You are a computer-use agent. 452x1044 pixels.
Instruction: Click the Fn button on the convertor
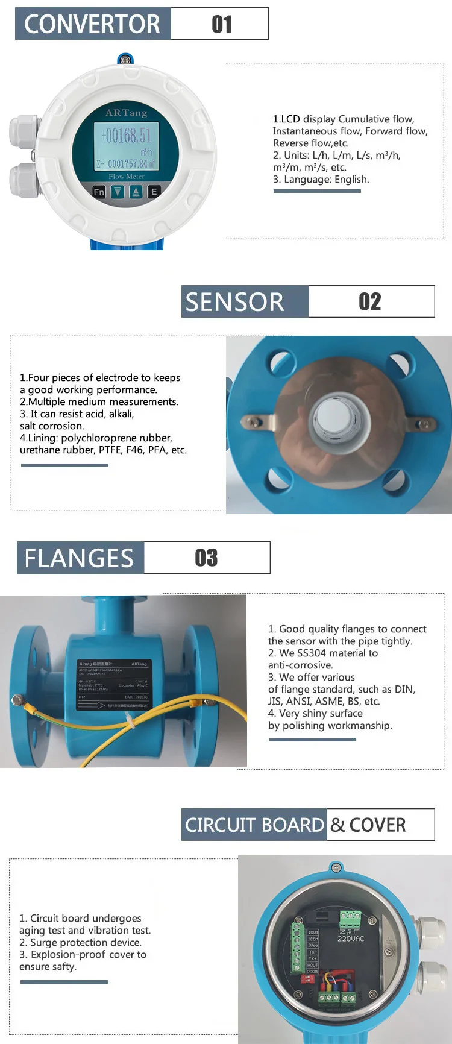(x=99, y=192)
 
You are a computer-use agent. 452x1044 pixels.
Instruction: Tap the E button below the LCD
(x=154, y=192)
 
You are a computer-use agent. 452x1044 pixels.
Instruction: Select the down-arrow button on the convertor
(x=118, y=192)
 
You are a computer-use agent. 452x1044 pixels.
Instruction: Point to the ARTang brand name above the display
(x=126, y=113)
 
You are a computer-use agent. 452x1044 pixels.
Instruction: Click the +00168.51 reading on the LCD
(x=127, y=135)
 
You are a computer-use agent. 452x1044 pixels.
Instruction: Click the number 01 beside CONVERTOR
(x=221, y=24)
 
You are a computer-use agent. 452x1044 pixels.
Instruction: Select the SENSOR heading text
(x=234, y=301)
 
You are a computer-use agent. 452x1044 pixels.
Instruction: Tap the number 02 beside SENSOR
(x=369, y=301)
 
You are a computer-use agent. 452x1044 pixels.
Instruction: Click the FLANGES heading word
(x=79, y=558)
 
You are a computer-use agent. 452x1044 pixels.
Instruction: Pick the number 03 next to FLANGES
(x=206, y=558)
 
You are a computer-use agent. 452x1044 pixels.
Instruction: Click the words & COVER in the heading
(x=368, y=825)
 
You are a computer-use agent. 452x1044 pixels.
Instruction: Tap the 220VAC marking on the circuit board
(x=351, y=939)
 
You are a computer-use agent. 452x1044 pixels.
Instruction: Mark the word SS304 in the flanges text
(x=313, y=653)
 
